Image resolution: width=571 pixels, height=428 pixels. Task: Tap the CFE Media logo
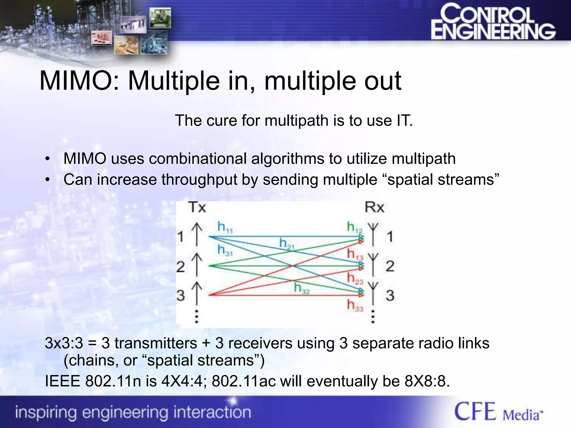tap(499, 412)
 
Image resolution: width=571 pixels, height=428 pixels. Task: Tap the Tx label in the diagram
tap(197, 207)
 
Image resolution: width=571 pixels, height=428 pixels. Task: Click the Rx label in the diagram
tap(374, 207)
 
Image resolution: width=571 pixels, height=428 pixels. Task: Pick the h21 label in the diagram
tap(287, 244)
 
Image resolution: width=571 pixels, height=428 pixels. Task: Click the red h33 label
tap(355, 305)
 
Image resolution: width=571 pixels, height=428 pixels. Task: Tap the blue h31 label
tap(225, 250)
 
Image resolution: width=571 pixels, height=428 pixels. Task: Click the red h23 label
tap(355, 278)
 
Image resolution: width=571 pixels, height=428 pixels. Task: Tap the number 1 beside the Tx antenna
tap(181, 237)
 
